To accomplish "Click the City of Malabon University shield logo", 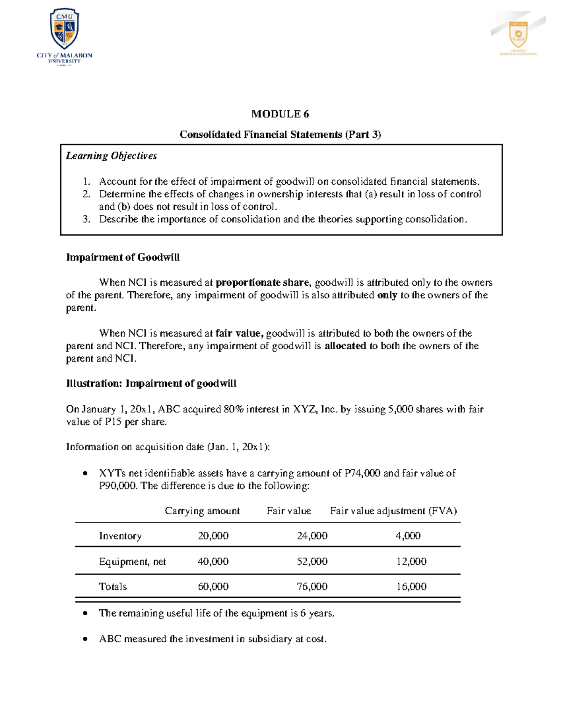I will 65,29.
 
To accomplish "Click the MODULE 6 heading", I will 280,114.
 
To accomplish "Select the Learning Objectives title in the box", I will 111,156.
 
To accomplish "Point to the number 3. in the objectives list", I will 86,219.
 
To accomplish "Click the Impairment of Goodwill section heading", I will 122,257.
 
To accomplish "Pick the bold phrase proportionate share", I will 262,282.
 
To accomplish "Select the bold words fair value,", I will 239,333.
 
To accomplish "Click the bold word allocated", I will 345,346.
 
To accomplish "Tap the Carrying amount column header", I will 202,511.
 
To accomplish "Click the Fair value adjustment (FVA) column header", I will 393,511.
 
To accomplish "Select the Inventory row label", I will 120,536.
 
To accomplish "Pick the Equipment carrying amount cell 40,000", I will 213,561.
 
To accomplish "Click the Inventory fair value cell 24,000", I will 312,536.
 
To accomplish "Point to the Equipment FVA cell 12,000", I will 411,561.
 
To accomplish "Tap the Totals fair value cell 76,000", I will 312,587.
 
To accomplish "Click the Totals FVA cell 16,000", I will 411,587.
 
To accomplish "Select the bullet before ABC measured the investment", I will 85,639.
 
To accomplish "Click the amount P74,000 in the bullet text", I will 362,473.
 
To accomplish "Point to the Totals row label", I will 113,587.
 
